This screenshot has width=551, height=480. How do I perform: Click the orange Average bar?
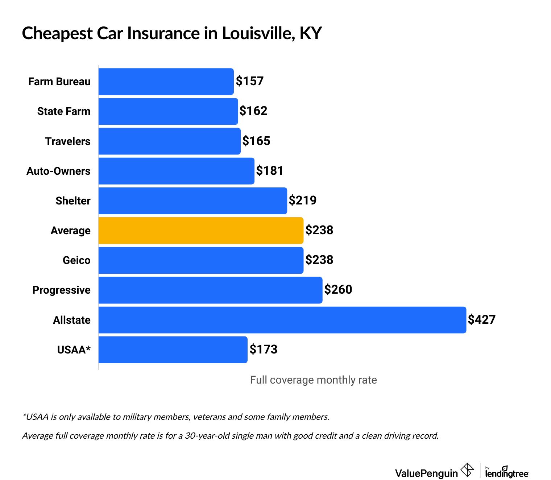click(201, 231)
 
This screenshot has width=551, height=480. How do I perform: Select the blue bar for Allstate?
click(282, 320)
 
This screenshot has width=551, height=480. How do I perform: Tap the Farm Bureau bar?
click(166, 82)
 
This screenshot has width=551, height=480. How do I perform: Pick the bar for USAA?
click(173, 350)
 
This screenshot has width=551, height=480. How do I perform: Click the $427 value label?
click(482, 319)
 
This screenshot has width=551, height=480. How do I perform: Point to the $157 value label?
click(250, 81)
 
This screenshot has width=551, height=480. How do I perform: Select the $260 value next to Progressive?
click(338, 290)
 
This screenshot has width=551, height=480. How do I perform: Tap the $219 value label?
click(303, 200)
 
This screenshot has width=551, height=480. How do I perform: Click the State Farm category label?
click(64, 111)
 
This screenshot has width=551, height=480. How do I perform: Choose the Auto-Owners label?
click(58, 171)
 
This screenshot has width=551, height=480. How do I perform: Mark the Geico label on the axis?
click(76, 260)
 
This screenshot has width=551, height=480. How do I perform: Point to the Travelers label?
click(68, 141)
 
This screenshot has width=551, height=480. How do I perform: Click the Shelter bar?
click(192, 201)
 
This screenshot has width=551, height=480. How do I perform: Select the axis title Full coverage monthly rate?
click(314, 380)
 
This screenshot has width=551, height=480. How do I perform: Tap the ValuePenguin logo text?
click(426, 473)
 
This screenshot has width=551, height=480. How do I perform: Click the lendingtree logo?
click(507, 472)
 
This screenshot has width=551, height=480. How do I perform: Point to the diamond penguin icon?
click(467, 470)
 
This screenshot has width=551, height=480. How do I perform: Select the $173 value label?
click(264, 349)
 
